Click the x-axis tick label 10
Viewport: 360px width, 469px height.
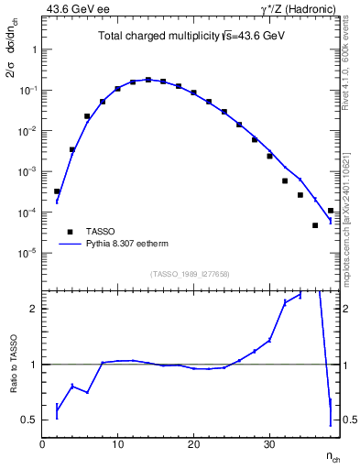pos(117,444)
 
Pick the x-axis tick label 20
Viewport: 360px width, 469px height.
pos(193,444)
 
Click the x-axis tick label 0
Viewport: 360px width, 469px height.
pos(42,444)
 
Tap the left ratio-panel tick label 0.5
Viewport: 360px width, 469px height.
pos(27,420)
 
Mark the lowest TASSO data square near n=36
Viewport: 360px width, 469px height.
pos(315,225)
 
